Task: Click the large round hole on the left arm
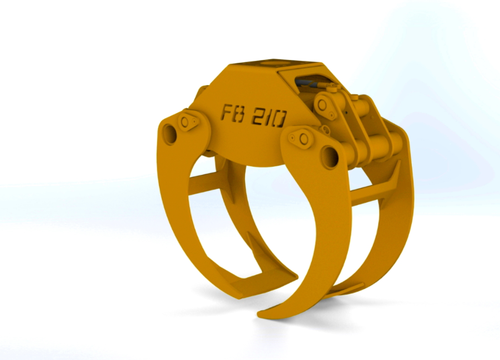[169, 134]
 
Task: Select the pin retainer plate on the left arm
[188, 122]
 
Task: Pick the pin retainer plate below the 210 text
[300, 138]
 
